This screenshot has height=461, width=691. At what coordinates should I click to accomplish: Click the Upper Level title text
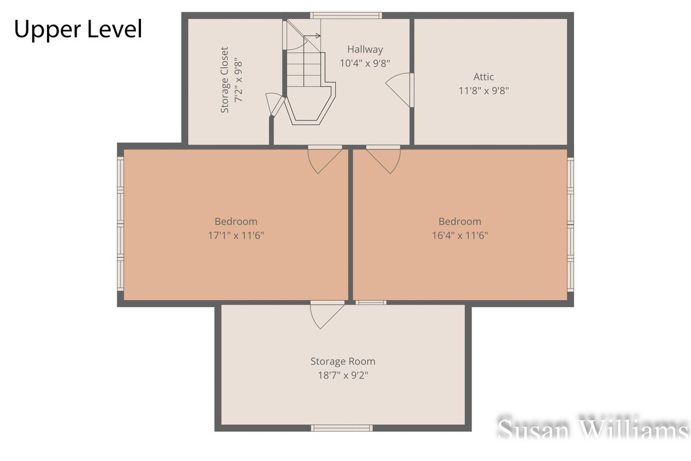pyautogui.click(x=78, y=29)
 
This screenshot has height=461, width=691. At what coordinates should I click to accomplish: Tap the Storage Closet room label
pyautogui.click(x=225, y=80)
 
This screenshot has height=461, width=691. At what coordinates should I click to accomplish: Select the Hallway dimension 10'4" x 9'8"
pyautogui.click(x=365, y=63)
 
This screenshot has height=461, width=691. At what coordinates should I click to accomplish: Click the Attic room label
pyautogui.click(x=483, y=76)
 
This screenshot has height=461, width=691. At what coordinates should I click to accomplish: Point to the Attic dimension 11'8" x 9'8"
pyautogui.click(x=483, y=90)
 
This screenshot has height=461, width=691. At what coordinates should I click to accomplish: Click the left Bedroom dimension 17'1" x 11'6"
pyautogui.click(x=235, y=235)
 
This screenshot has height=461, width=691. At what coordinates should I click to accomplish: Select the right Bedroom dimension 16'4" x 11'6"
pyautogui.click(x=460, y=235)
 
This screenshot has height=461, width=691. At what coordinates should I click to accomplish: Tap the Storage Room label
pyautogui.click(x=343, y=361)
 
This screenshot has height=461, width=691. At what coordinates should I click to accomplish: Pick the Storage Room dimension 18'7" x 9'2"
pyautogui.click(x=343, y=376)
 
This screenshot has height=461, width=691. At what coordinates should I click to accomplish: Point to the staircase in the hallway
pyautogui.click(x=307, y=86)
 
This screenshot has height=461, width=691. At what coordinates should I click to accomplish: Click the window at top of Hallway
pyautogui.click(x=345, y=15)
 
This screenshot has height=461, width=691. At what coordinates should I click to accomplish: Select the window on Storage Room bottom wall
pyautogui.click(x=341, y=428)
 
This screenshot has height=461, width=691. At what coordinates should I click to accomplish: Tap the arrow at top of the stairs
pyautogui.click(x=313, y=36)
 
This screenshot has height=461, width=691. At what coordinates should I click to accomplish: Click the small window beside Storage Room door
pyautogui.click(x=371, y=302)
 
